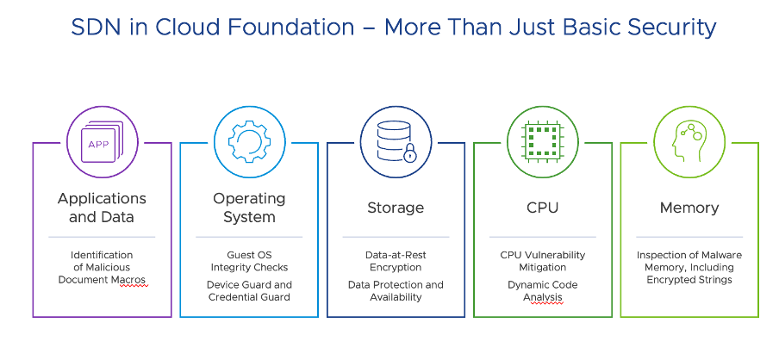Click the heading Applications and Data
click(x=102, y=208)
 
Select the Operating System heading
click(x=249, y=208)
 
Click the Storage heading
click(x=396, y=208)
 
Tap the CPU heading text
click(x=542, y=208)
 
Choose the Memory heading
click(x=689, y=208)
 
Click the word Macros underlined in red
click(x=127, y=280)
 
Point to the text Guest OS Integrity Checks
click(x=249, y=262)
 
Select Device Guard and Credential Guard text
click(x=249, y=291)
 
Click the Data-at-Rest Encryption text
click(x=396, y=262)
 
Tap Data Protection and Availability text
click(x=396, y=291)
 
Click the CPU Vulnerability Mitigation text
click(x=542, y=262)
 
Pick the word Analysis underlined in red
click(x=542, y=297)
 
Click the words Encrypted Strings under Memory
click(x=689, y=280)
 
